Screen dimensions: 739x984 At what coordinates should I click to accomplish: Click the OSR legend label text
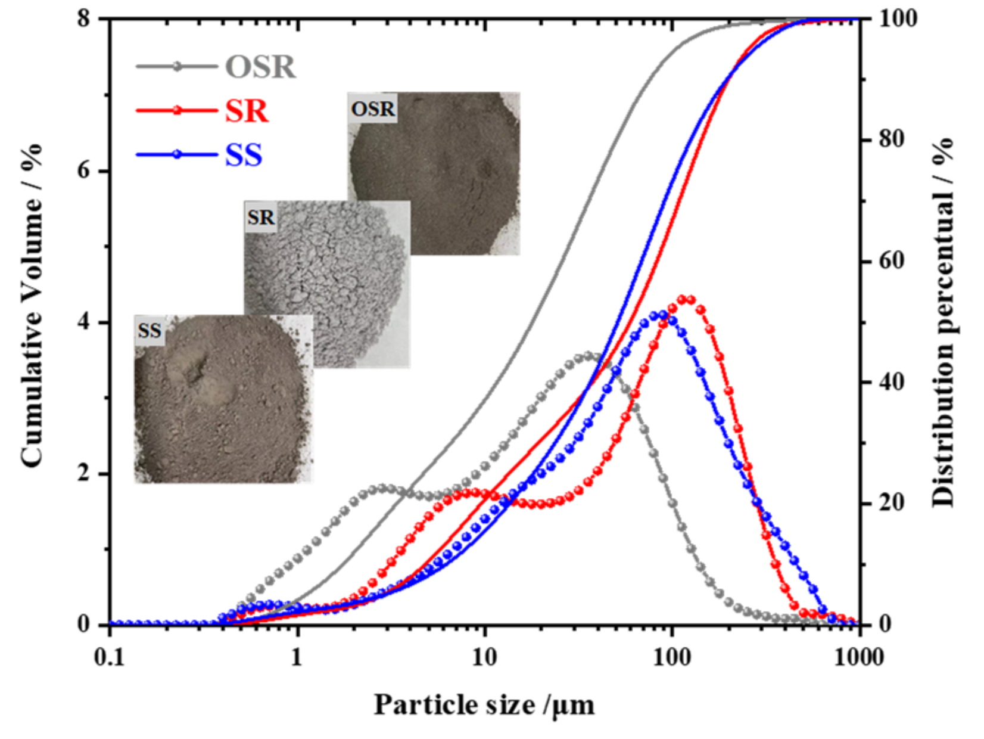tap(260, 67)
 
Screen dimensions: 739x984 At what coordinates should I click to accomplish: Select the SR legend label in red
tap(247, 111)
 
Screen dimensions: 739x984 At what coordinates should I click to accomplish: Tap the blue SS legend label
tap(244, 156)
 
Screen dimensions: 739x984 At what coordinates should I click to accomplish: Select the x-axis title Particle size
tap(484, 705)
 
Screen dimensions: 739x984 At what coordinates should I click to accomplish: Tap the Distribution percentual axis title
tap(943, 322)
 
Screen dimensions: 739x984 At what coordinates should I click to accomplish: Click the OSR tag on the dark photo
tap(373, 109)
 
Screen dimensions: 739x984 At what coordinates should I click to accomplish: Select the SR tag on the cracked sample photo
tap(261, 218)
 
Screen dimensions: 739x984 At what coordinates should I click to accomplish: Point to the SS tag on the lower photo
tap(150, 330)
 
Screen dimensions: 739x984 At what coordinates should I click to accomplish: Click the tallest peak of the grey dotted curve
tap(587, 356)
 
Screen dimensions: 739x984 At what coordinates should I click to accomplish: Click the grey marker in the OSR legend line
tap(177, 66)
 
